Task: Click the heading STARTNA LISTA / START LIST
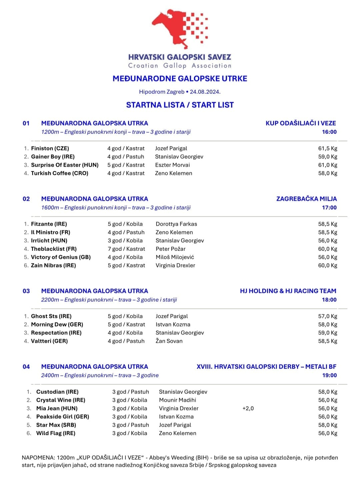[180, 105]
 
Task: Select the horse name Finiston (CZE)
[50, 148]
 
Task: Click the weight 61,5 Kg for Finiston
[327, 148]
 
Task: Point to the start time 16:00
[329, 132]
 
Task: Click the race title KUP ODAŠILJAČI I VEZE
[301, 123]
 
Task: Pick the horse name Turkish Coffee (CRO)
[59, 173]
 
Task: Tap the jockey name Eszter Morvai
[172, 165]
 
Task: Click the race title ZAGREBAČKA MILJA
[306, 199]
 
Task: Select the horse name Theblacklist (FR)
[54, 249]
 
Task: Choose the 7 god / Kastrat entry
[126, 249]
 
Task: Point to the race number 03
[26, 291]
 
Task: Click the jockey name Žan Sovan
[169, 341]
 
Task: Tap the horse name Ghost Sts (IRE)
[51, 316]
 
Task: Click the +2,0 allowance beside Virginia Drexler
[248, 409]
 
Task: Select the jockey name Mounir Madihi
[177, 400]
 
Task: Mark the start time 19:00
[329, 375]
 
